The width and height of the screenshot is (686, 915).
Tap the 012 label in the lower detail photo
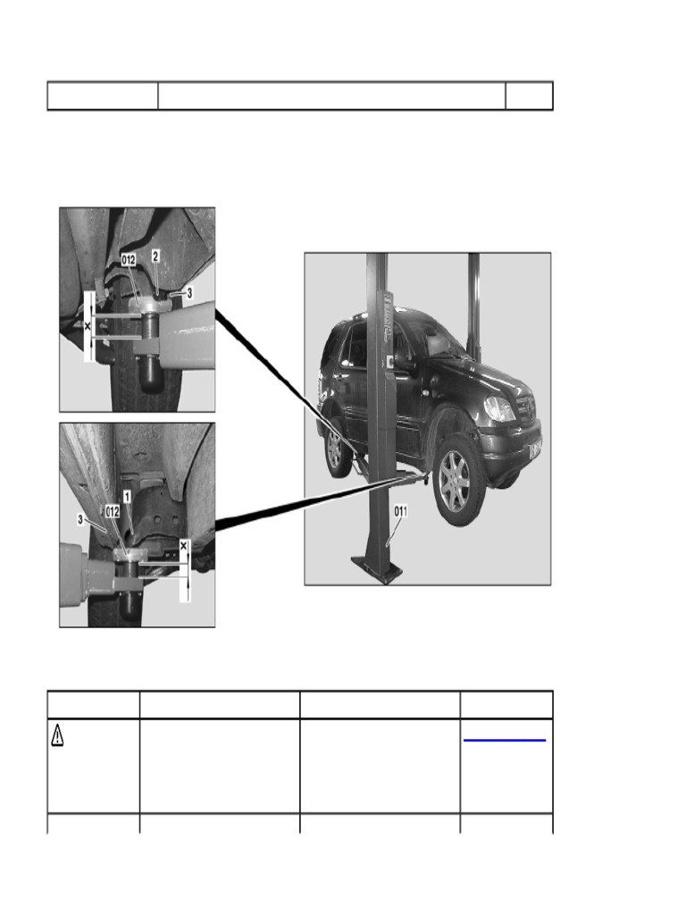click(x=113, y=511)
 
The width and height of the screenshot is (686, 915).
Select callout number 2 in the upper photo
click(x=155, y=256)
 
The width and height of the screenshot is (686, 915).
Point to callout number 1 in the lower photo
click(x=127, y=495)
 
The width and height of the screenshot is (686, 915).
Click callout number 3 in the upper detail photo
click(x=189, y=292)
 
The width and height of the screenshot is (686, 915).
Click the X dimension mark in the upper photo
click(x=87, y=327)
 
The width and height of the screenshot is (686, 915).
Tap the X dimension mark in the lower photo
click(x=184, y=544)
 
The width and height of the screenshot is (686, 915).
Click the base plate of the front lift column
click(x=375, y=569)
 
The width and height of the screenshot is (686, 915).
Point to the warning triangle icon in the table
click(x=57, y=735)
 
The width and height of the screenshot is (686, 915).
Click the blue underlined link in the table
click(x=506, y=740)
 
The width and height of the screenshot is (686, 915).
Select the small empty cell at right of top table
click(x=529, y=96)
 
